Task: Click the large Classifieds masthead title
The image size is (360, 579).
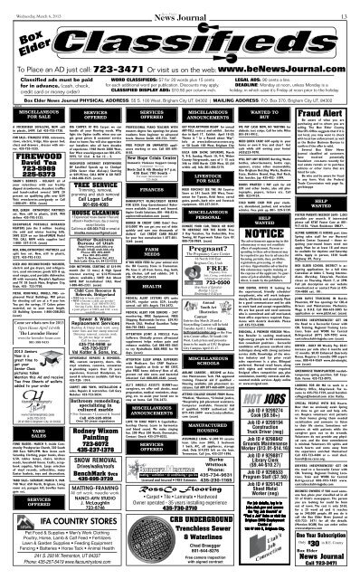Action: click(x=180, y=33)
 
